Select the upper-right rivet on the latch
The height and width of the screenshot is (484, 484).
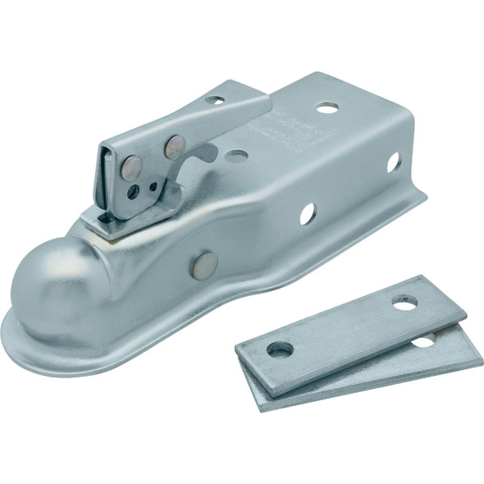(x=175, y=146)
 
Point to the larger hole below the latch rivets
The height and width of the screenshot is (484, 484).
(x=134, y=191)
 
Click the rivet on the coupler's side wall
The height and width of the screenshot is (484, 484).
(x=205, y=263)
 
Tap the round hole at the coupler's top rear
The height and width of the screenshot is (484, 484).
(x=328, y=107)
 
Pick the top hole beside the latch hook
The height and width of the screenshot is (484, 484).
(x=236, y=155)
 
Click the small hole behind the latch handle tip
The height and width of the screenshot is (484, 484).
(x=215, y=100)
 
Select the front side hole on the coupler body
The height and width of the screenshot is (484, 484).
(x=308, y=215)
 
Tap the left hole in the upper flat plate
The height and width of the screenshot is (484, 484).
(x=281, y=349)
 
